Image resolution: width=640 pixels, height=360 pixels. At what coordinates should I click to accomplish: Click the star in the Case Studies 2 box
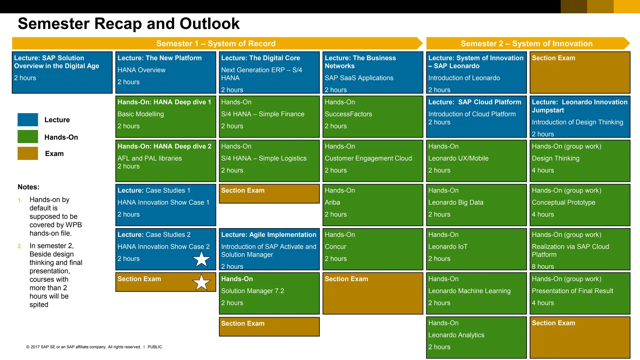[201, 259]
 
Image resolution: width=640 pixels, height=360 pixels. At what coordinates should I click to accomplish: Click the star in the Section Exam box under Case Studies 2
[201, 282]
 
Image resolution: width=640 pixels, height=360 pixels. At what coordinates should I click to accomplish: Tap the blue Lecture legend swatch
[28, 120]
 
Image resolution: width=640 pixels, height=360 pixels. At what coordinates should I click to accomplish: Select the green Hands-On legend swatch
[28, 137]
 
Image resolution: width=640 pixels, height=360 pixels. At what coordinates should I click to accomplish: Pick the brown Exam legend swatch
[28, 153]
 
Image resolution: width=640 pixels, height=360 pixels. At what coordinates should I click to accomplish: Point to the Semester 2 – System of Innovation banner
[527, 43]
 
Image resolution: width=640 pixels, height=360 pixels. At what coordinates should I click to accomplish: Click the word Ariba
[332, 202]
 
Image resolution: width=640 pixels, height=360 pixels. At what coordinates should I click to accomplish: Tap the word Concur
[335, 247]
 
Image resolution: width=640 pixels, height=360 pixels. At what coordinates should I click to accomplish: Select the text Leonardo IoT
[447, 247]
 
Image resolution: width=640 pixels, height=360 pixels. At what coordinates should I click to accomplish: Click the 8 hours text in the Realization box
[543, 267]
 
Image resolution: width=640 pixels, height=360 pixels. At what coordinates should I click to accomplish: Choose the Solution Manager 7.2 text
[252, 291]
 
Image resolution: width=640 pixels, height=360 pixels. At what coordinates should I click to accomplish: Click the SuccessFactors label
[348, 114]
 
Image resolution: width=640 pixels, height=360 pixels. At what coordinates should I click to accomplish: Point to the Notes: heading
[28, 187]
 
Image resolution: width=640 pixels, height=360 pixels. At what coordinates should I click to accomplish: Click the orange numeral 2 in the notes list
[20, 246]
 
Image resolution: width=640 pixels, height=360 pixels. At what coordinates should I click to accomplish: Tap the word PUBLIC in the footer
[155, 347]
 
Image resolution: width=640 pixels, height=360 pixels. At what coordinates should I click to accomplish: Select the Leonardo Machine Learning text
[469, 291]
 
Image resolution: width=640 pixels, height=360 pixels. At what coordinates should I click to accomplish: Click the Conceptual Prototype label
[563, 202]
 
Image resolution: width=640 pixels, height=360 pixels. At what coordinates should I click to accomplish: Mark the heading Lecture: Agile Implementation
[268, 235]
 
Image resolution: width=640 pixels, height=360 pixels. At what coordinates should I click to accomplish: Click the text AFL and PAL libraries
[149, 158]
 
